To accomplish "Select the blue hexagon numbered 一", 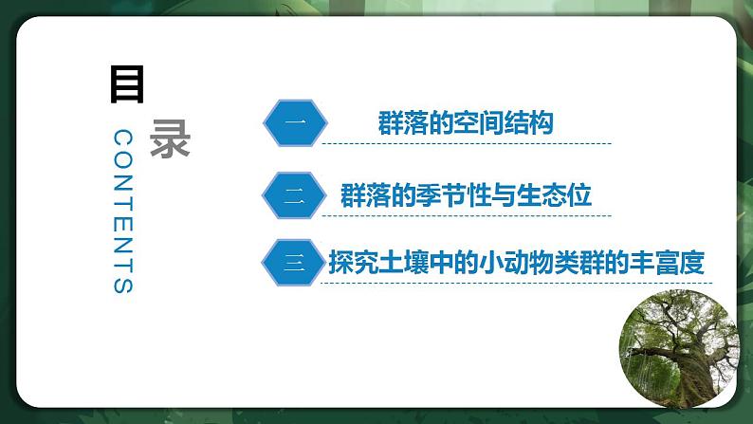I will click(x=294, y=124).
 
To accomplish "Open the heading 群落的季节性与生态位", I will click(x=465, y=196).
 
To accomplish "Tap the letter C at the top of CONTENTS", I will click(x=124, y=138).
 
